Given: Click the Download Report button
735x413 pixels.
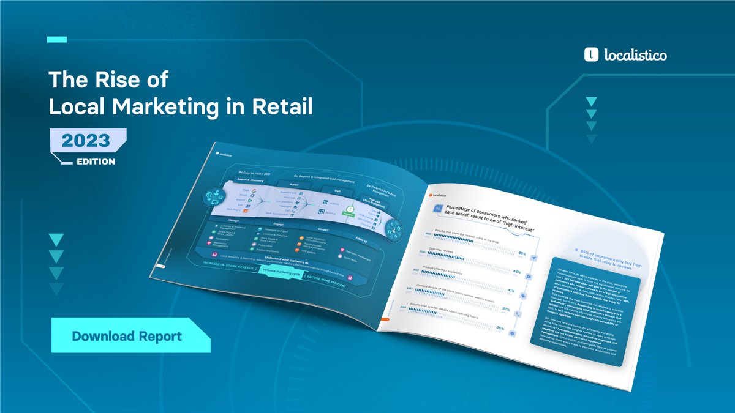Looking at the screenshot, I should click(127, 336).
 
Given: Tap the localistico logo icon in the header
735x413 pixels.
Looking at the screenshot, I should click(591, 55).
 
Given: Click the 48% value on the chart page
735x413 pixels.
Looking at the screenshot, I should click(522, 253).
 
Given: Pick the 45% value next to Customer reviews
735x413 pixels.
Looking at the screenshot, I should click(516, 272).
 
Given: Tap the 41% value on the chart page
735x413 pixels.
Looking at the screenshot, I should click(511, 291).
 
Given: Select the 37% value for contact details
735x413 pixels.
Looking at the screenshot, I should click(506, 310).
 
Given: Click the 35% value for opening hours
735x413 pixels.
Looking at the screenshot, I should click(500, 329).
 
